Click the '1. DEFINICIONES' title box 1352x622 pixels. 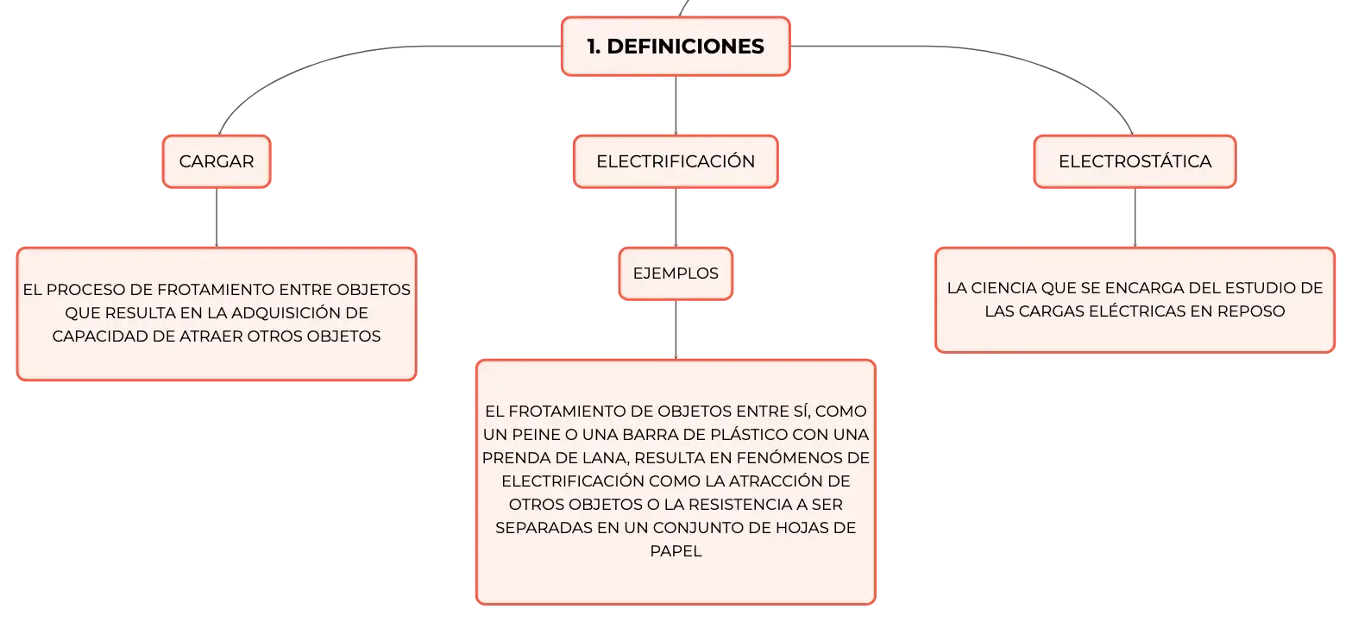(676, 47)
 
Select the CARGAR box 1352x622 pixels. (217, 161)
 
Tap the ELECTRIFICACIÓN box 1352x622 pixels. (676, 161)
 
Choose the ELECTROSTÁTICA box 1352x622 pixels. (1135, 161)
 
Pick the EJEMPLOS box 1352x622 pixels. (676, 273)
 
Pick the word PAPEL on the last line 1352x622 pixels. (676, 550)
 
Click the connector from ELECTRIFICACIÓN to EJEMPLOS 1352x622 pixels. (676, 217)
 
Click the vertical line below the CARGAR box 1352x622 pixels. (217, 217)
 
